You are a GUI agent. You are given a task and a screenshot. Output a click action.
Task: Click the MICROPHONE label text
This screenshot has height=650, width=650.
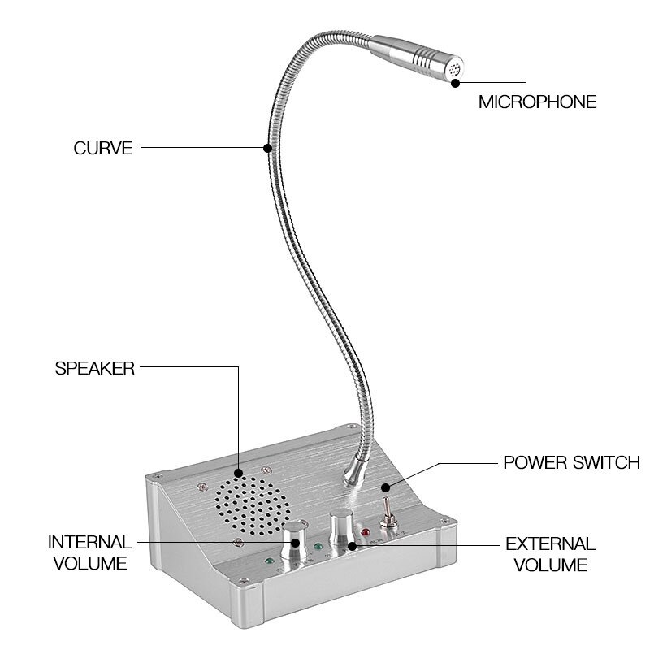tap(537, 102)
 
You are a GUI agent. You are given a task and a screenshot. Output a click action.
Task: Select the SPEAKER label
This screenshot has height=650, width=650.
tap(94, 367)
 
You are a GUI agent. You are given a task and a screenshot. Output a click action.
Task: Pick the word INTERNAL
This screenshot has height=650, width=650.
tap(89, 542)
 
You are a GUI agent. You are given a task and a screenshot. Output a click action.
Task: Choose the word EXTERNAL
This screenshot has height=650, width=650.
tap(551, 544)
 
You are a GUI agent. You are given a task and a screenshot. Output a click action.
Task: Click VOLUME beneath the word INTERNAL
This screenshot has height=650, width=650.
tap(89, 562)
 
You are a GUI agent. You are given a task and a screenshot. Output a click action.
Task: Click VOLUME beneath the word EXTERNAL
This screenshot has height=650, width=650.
tap(551, 565)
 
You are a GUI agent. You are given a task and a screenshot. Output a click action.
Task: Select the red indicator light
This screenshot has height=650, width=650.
tap(366, 535)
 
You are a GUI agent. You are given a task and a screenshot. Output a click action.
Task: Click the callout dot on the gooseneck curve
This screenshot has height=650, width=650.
tap(267, 148)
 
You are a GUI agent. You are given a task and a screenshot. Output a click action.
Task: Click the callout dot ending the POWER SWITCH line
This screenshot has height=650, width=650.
tap(387, 488)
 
